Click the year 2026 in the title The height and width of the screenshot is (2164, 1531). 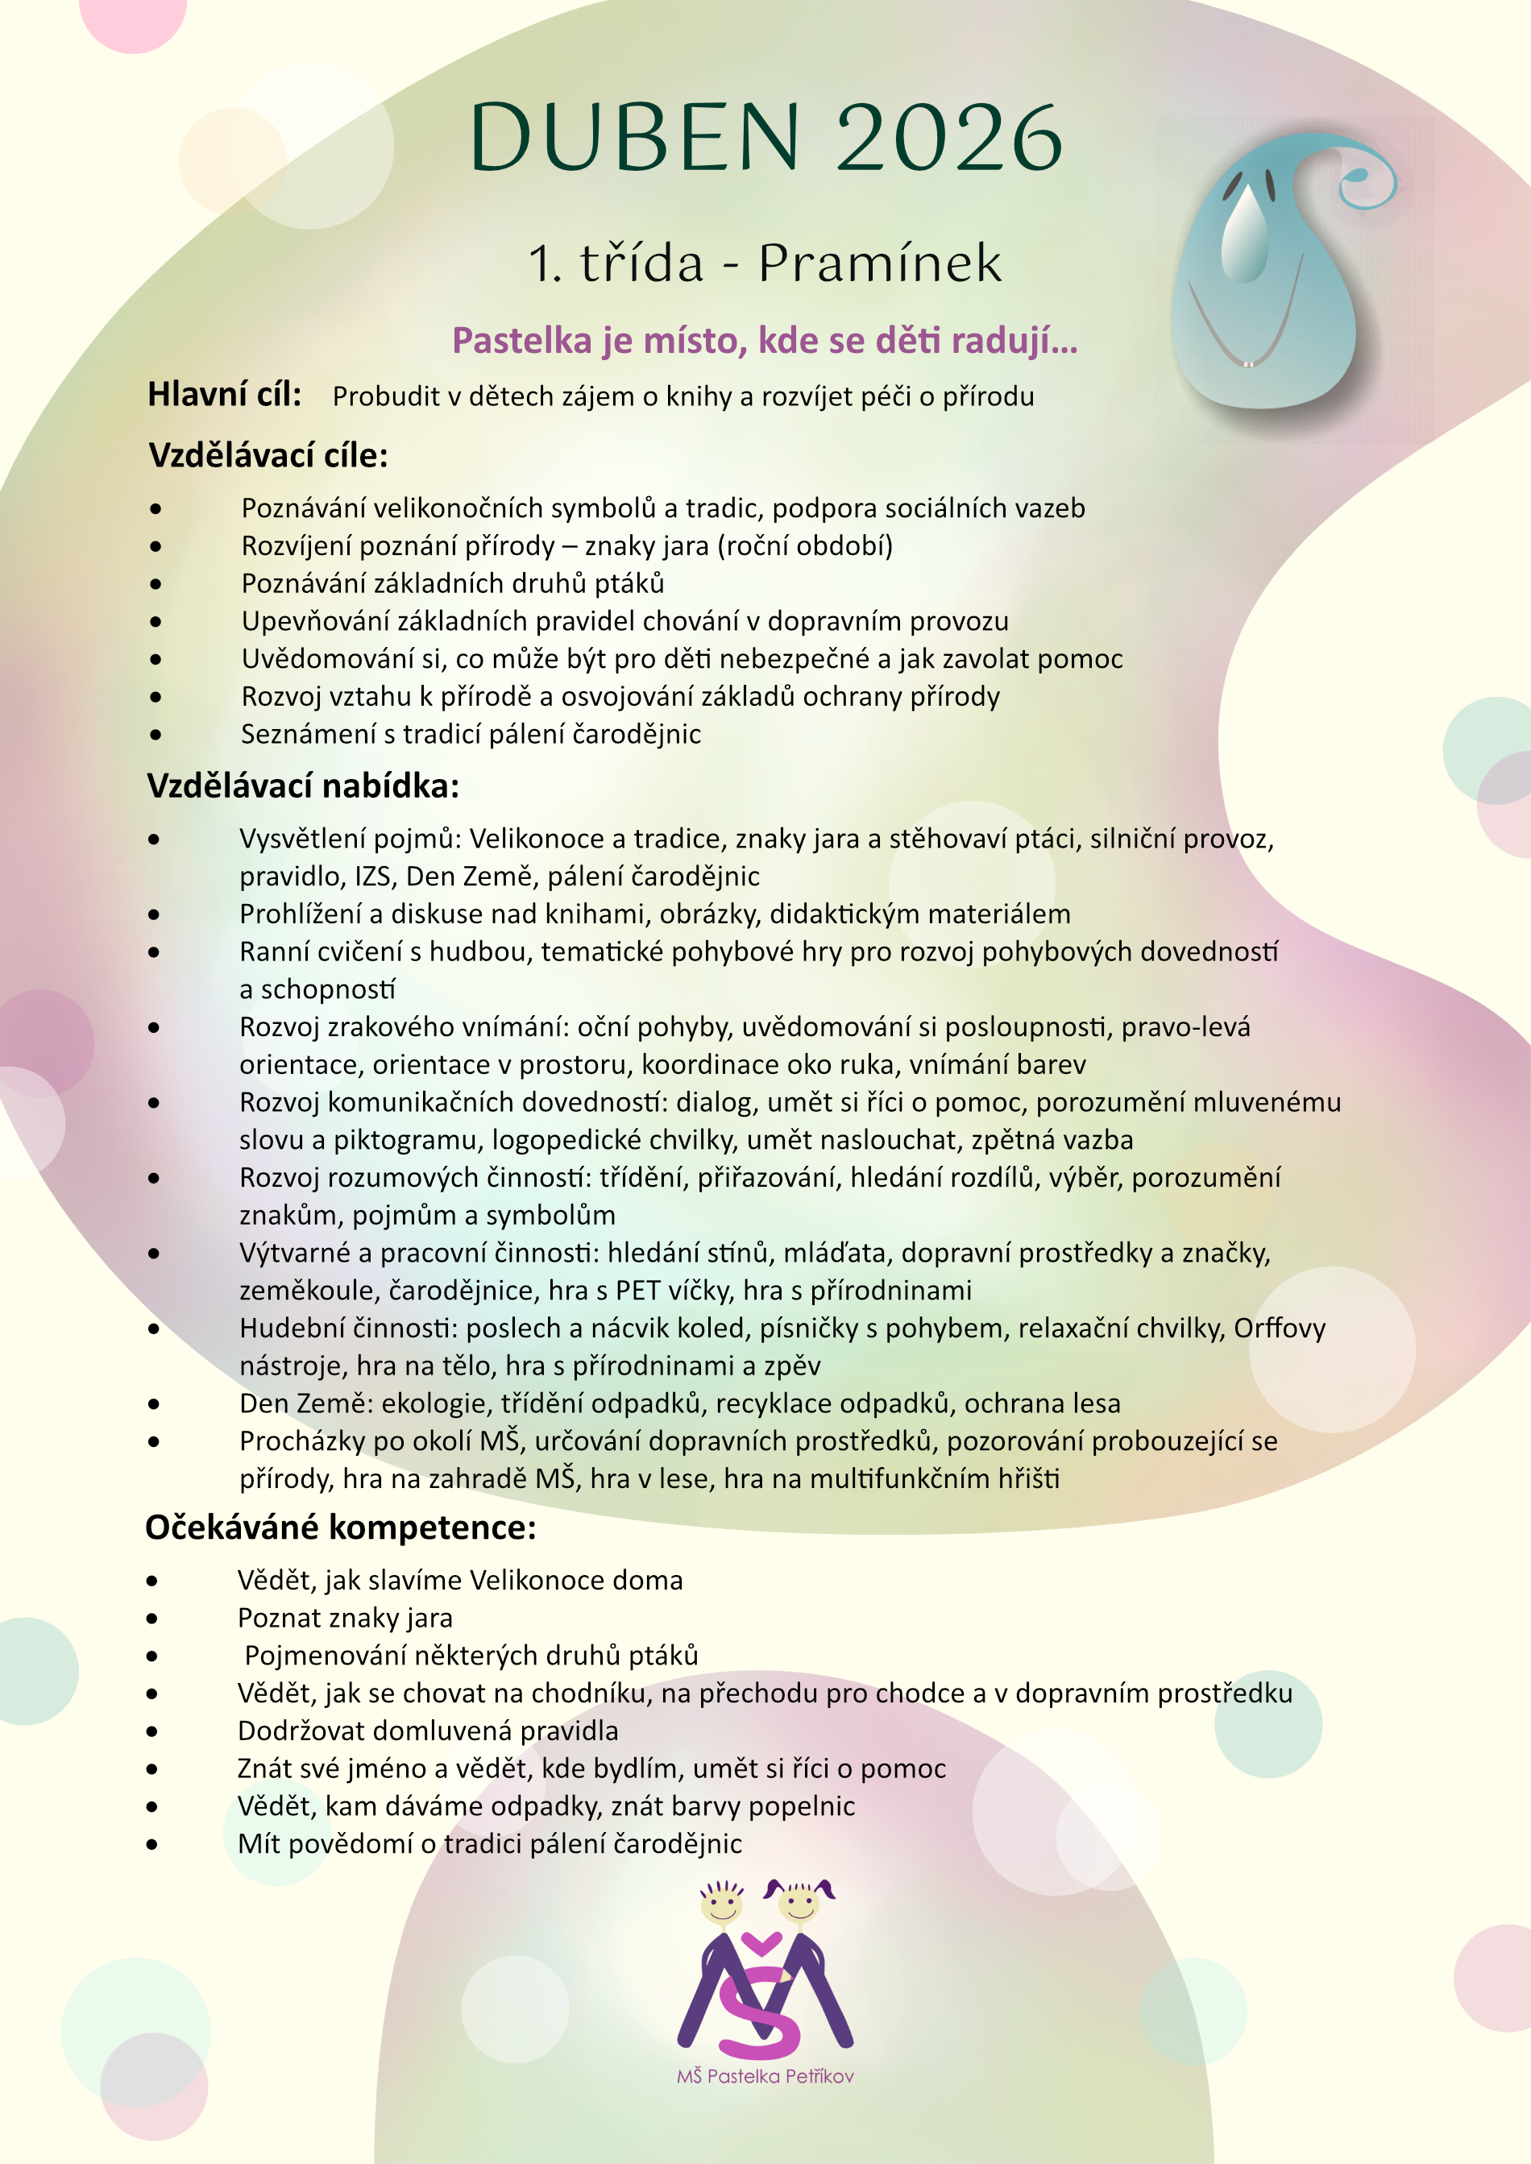tap(948, 139)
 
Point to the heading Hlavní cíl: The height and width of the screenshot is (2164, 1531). tap(224, 395)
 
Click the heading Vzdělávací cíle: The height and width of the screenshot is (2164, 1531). tap(268, 455)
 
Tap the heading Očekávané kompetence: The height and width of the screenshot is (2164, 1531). tap(340, 1528)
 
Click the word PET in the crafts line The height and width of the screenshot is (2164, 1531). tap(638, 1291)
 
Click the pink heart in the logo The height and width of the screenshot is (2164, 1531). tap(761, 1942)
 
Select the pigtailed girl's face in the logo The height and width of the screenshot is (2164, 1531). tap(799, 1904)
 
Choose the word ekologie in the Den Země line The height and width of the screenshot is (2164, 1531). tap(432, 1403)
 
